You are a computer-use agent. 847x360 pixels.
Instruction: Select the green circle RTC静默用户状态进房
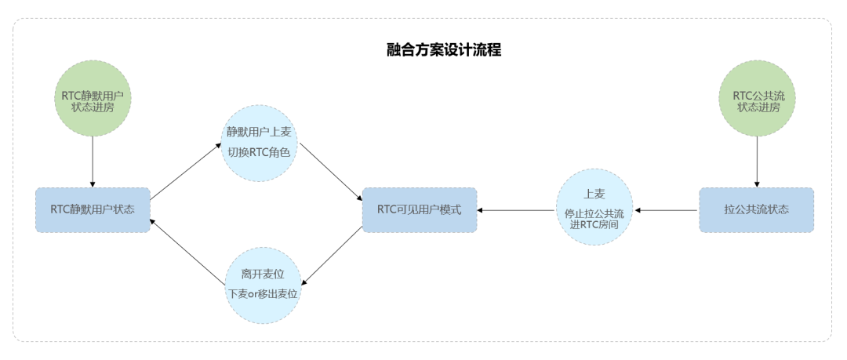(x=93, y=99)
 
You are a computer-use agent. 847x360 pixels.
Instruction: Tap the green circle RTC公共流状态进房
(x=755, y=99)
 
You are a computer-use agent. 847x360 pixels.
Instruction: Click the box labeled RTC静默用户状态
(x=93, y=209)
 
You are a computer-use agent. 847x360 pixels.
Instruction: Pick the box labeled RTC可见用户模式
(x=419, y=209)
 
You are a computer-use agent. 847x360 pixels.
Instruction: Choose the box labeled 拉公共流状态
(x=756, y=209)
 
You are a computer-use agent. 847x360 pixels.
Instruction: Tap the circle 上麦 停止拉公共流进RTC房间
(x=594, y=207)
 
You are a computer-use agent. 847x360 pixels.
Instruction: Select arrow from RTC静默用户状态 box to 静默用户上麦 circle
(x=186, y=171)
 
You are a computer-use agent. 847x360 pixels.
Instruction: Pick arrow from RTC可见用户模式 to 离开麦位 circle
(x=333, y=256)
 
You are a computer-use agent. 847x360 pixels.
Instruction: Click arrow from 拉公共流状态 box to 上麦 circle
(x=667, y=210)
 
